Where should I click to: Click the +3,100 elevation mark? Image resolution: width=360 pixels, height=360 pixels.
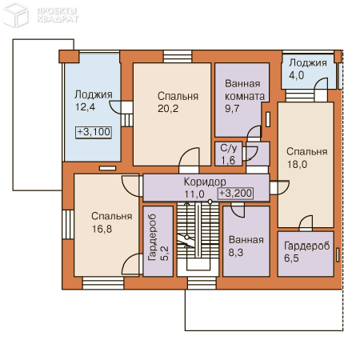pyautogui.click(x=94, y=132)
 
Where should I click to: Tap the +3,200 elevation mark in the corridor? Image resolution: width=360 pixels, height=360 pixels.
pyautogui.click(x=235, y=194)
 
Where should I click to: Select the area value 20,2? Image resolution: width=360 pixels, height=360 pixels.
pyautogui.click(x=168, y=109)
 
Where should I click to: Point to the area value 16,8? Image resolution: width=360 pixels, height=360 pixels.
pyautogui.click(x=102, y=229)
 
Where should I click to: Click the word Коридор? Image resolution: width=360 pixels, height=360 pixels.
pyautogui.click(x=205, y=182)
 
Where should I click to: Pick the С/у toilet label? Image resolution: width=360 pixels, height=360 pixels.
pyautogui.click(x=229, y=148)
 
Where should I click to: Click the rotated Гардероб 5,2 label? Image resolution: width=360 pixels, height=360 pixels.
pyautogui.click(x=158, y=238)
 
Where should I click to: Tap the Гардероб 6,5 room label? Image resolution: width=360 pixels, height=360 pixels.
pyautogui.click(x=306, y=252)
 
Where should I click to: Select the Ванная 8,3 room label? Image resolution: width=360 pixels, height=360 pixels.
pyautogui.click(x=246, y=246)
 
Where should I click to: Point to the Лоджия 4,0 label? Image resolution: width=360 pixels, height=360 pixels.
pyautogui.click(x=308, y=69)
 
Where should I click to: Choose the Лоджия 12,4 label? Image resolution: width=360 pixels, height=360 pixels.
pyautogui.click(x=94, y=101)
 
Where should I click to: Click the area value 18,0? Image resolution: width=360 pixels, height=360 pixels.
pyautogui.click(x=297, y=165)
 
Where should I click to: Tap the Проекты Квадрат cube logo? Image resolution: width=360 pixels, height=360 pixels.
pyautogui.click(x=15, y=14)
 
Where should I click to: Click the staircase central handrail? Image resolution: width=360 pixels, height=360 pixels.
pyautogui.click(x=198, y=230)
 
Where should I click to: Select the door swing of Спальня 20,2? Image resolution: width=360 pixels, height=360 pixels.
pyautogui.click(x=189, y=158)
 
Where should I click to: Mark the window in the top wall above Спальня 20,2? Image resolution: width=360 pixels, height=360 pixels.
pyautogui.click(x=178, y=56)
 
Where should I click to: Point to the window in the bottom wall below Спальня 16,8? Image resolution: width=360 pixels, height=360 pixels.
pyautogui.click(x=103, y=283)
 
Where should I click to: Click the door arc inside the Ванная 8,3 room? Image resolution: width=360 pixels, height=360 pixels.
pyautogui.click(x=238, y=211)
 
